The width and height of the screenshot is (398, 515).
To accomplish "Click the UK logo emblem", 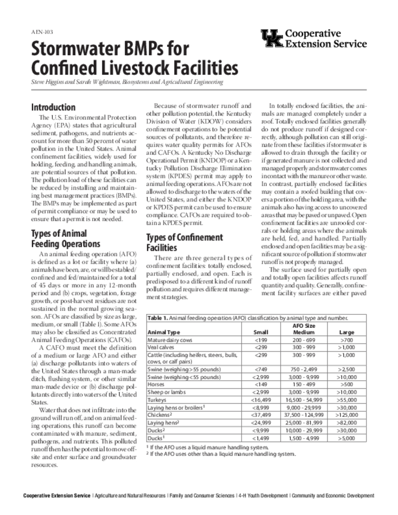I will pos(272,38).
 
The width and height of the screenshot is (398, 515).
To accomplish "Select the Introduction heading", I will pos(53,108).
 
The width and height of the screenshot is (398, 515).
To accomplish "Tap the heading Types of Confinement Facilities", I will pos(184,242).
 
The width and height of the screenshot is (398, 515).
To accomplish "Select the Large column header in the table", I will pos(347,332).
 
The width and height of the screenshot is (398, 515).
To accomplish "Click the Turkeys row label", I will pos(157,399).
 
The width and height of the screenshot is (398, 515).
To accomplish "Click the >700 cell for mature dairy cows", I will pos(347,340).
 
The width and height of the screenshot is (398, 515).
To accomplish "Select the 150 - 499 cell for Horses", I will pos(304,385).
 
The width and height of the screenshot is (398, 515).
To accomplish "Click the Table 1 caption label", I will pos(157,318).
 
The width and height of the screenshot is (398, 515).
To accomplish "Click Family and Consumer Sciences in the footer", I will pos(202,496).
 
